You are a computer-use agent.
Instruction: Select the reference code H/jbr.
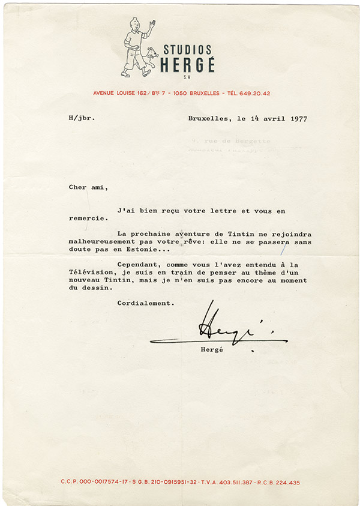click(81, 118)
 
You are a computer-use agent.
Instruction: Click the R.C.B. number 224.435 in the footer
click(284, 482)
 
